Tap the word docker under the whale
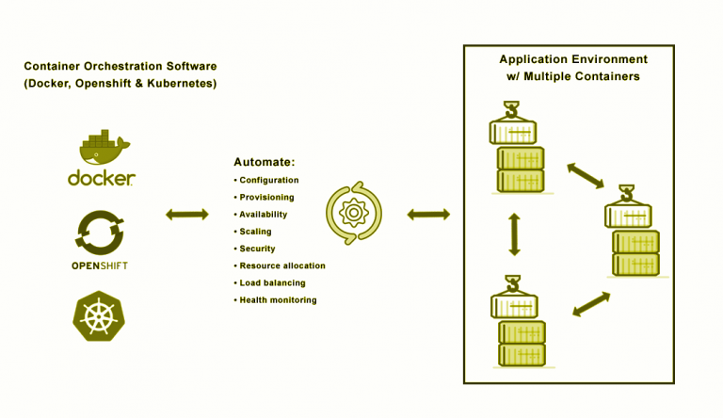tap(102, 179)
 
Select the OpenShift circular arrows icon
tap(100, 232)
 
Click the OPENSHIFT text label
tap(100, 266)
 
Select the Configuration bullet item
tap(268, 180)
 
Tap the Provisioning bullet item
tap(266, 198)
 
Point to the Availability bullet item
tap(263, 215)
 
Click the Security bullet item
tap(257, 249)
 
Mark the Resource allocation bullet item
tap(281, 266)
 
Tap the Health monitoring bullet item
tap(278, 300)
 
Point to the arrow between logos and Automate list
tap(187, 215)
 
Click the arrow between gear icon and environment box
tap(428, 215)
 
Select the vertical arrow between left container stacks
tap(514, 234)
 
